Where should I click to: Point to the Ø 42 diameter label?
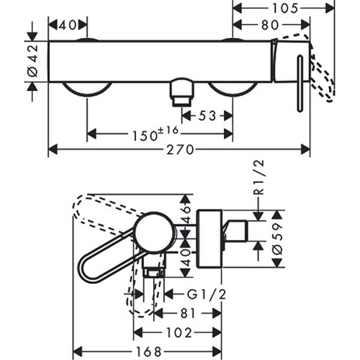pyautogui.click(x=32, y=61)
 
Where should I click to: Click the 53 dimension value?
pyautogui.click(x=207, y=115)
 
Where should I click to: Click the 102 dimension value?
pyautogui.click(x=179, y=332)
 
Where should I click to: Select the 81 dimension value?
pyautogui.click(x=187, y=313)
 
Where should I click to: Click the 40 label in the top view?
pyautogui.click(x=68, y=25)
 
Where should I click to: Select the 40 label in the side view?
pyautogui.click(x=186, y=257)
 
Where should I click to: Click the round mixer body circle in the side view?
pyautogui.click(x=154, y=233)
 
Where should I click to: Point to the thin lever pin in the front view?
pyautogui.click(x=298, y=84)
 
